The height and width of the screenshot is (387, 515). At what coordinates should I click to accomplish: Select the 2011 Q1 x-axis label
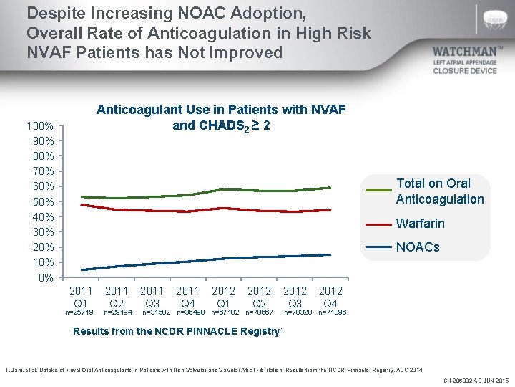coord(80,297)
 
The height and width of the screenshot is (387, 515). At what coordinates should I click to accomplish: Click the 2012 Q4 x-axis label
coord(330,297)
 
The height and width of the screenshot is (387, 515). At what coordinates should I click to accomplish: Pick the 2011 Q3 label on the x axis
coord(152,297)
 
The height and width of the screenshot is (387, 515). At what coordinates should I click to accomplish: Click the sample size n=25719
coord(79,312)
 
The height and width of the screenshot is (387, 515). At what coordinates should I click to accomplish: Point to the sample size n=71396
coord(333,312)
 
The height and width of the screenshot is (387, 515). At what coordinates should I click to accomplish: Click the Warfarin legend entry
coord(420,224)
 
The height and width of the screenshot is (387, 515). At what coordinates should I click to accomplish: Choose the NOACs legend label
coord(418,247)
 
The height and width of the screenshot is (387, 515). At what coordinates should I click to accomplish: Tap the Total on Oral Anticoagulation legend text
coord(439,191)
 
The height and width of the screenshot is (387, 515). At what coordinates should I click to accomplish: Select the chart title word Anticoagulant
coord(135,109)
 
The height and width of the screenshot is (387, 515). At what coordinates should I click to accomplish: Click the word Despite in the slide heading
coord(52,13)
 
